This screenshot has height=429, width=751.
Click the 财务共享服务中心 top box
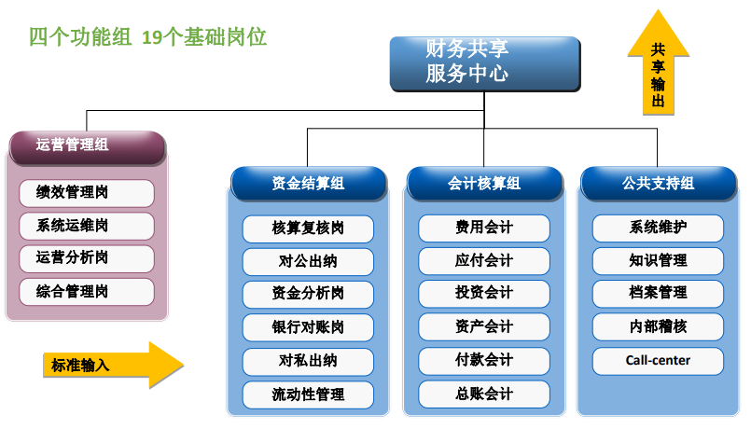485,63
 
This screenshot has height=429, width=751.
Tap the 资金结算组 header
309,184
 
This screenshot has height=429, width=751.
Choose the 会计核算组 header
484,184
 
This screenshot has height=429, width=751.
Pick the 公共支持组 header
659,184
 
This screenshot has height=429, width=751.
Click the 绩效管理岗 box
87,193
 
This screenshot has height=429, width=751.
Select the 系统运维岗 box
87,226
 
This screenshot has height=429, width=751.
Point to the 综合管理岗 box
87,292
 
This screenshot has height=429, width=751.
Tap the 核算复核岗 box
308,228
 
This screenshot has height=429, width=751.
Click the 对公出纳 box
308,261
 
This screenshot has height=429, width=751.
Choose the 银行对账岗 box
308,327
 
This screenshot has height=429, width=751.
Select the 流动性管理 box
308,394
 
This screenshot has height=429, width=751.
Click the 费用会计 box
484,228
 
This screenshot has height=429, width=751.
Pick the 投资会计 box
484,294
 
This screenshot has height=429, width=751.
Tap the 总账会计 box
484,394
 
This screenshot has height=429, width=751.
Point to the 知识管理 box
658,261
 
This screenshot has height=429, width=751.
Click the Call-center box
658,361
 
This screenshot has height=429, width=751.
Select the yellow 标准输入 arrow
114,365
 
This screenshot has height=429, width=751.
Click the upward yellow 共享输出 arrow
659,62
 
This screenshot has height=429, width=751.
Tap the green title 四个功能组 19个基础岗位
147,37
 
